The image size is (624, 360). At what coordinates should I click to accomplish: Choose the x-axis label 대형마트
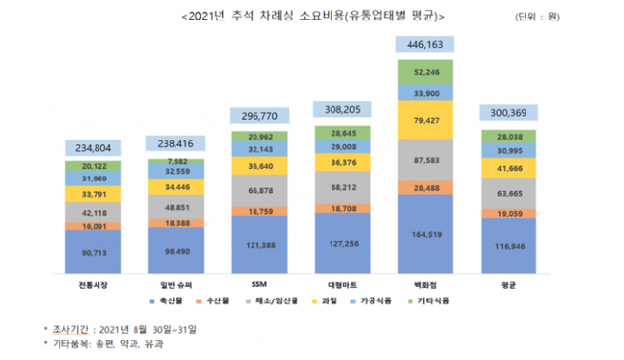(341, 283)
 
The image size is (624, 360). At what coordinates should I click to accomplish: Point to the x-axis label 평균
(508, 283)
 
